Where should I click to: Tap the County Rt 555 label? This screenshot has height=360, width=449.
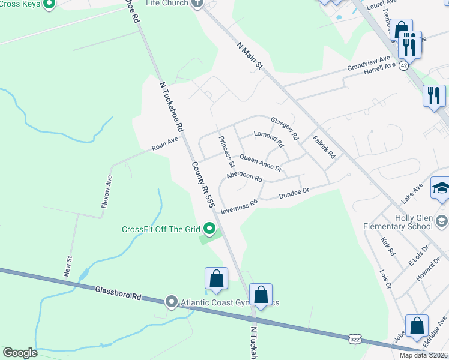[203, 185]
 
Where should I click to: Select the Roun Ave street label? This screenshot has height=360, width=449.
[165, 143]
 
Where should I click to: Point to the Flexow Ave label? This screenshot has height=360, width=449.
[106, 191]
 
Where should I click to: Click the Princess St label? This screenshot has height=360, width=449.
[227, 151]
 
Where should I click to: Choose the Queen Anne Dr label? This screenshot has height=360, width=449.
[261, 162]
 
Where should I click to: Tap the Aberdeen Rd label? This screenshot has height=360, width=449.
[244, 177]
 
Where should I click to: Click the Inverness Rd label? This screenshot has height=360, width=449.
[239, 206]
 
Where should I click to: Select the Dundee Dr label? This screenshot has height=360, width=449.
[294, 193]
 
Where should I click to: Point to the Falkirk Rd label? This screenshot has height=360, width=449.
[324, 146]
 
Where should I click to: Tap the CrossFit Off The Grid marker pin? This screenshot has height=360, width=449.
[209, 228]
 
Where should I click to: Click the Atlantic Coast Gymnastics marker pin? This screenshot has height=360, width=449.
[172, 302]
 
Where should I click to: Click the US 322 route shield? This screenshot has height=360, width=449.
[355, 340]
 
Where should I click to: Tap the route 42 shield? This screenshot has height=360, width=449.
[404, 65]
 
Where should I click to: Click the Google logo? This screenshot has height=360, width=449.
[20, 353]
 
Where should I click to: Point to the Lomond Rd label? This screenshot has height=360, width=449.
[268, 139]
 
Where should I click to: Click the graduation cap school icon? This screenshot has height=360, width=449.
[441, 188]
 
